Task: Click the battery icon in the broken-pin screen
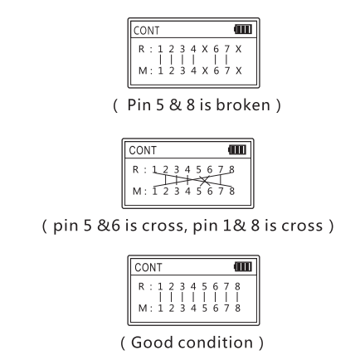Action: point(243,29)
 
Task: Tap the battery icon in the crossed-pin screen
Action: point(237,149)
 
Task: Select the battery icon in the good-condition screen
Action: point(243,267)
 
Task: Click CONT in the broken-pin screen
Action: point(146,31)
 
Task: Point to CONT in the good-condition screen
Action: point(148,267)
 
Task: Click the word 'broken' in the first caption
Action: point(243,105)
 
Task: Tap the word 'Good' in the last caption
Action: point(152,343)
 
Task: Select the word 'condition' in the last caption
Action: point(216,343)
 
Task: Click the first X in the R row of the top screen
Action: point(205,49)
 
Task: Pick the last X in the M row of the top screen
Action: point(238,71)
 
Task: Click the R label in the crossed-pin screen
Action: point(135,169)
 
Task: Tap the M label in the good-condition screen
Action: point(143,308)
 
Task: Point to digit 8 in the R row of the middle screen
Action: point(231,169)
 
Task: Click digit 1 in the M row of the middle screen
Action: point(154,191)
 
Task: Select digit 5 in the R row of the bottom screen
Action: point(204,286)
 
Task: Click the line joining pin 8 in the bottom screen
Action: point(237,297)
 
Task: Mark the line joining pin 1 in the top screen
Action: point(160,60)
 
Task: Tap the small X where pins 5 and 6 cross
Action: point(204,181)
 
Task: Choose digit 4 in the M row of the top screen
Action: point(193,71)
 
